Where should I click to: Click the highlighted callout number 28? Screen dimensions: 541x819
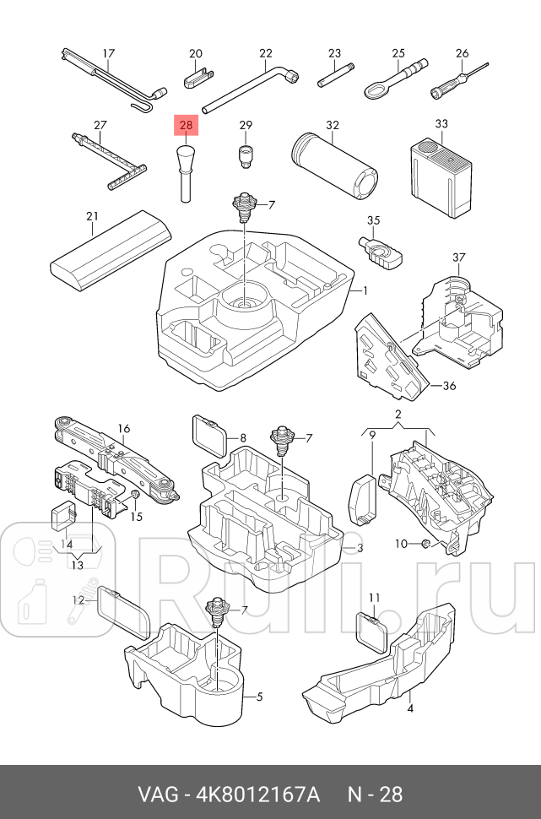[x=186, y=125]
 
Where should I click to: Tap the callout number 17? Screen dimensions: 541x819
[x=108, y=54]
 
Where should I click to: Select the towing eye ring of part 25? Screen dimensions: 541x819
[x=377, y=89]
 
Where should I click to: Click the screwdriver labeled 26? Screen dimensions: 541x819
[x=459, y=80]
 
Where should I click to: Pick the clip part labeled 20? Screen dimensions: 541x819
[x=198, y=78]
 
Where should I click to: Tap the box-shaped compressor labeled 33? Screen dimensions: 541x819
[x=441, y=176]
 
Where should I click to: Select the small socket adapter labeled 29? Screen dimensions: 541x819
[x=246, y=155]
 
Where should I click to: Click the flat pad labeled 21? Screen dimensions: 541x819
[x=111, y=250]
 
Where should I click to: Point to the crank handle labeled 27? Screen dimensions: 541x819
[x=109, y=161]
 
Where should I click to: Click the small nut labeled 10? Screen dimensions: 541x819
[x=425, y=544]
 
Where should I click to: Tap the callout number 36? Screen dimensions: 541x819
[x=449, y=386]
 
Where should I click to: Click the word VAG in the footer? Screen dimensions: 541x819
[x=158, y=795]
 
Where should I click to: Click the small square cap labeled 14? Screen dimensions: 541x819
[x=63, y=517]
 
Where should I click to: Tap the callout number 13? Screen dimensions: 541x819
[x=78, y=565]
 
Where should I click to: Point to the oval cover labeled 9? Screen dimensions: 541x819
[x=362, y=499]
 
